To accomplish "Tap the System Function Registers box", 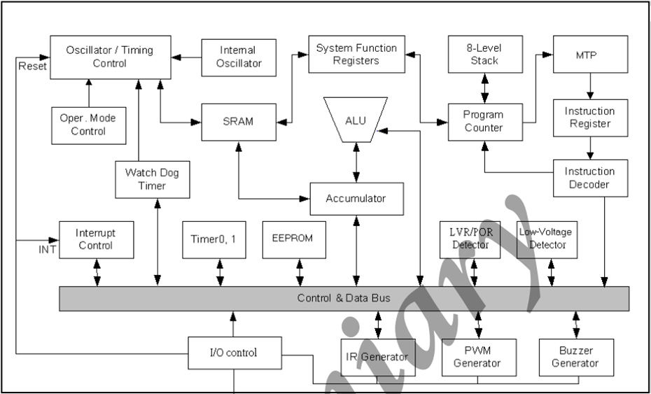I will pyautogui.click(x=356, y=55).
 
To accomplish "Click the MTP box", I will pyautogui.click(x=589, y=55).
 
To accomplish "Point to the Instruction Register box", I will pyautogui.click(x=589, y=118).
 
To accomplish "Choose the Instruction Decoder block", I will pyautogui.click(x=589, y=178).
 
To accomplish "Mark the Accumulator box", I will pyautogui.click(x=356, y=199).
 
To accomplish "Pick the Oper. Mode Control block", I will pyautogui.click(x=88, y=125).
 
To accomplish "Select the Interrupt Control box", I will pyautogui.click(x=95, y=239).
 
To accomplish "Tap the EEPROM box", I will pyautogui.click(x=292, y=239).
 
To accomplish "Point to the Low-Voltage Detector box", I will pyautogui.click(x=542, y=239).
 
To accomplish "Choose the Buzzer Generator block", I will pyautogui.click(x=575, y=357).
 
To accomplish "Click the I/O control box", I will pyautogui.click(x=233, y=353).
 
